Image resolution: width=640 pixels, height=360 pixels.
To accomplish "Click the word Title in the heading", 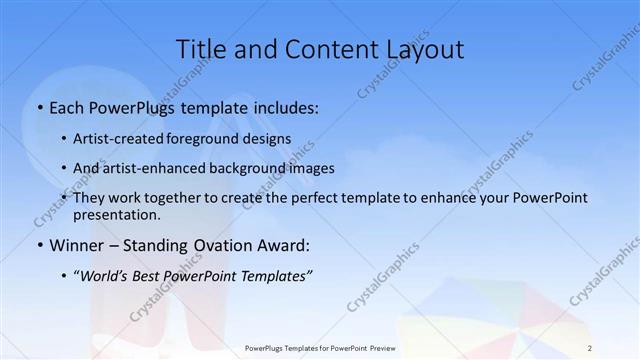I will pyautogui.click(x=199, y=49).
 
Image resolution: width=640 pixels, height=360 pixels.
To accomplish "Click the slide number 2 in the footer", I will pyautogui.click(x=589, y=347).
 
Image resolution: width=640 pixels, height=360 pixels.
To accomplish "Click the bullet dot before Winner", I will pyautogui.click(x=39, y=245).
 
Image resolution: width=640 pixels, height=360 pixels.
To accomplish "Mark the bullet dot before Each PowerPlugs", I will pyautogui.click(x=39, y=107).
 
